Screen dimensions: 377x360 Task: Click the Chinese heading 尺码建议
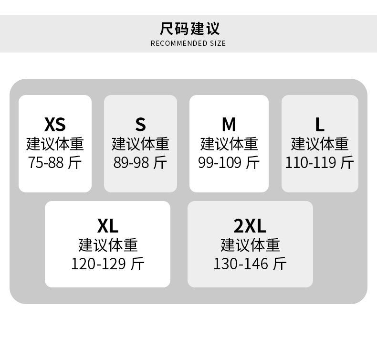click(x=189, y=29)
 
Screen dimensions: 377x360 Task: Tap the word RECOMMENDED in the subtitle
click(x=179, y=43)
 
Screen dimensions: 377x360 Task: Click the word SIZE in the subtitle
click(x=218, y=43)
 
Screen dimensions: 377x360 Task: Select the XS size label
click(x=55, y=124)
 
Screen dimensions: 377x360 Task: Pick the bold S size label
click(x=140, y=124)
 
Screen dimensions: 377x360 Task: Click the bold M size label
click(x=229, y=124)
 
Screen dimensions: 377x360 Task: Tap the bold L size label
click(x=320, y=124)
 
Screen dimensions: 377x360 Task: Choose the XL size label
click(x=108, y=226)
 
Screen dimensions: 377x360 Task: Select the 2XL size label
click(x=250, y=226)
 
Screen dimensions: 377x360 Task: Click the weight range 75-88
click(x=46, y=162)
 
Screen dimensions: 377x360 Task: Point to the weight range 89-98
click(x=131, y=162)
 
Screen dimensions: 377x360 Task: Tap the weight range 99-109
click(x=220, y=162)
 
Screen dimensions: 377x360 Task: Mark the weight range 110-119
click(x=311, y=162)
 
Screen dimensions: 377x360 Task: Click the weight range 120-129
click(x=99, y=264)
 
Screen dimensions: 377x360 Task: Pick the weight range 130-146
click(x=241, y=264)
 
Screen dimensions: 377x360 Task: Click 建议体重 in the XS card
click(x=55, y=144)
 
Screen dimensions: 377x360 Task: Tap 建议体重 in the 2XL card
click(x=250, y=245)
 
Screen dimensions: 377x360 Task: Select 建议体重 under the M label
click(x=229, y=144)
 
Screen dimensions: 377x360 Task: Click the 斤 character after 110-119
click(x=347, y=162)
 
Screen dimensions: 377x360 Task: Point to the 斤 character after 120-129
click(x=137, y=264)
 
